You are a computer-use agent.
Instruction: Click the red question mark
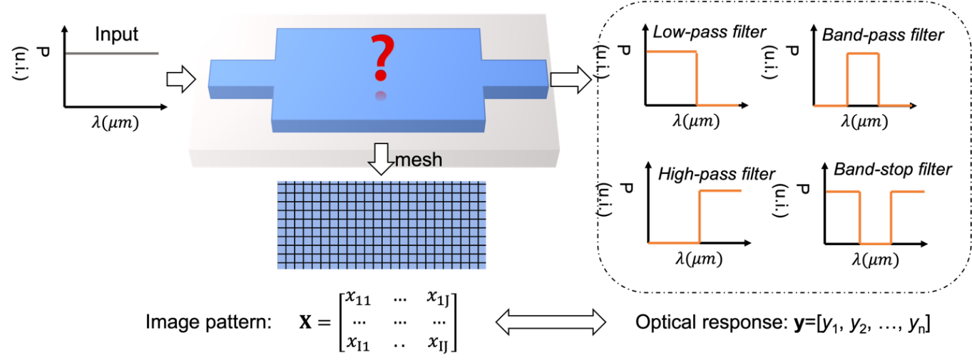click(x=382, y=57)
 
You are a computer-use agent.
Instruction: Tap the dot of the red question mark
click(x=382, y=76)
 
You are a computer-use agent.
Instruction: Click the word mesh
click(x=419, y=160)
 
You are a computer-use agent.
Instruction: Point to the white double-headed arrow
click(x=551, y=322)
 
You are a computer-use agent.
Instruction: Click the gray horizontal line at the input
click(x=113, y=53)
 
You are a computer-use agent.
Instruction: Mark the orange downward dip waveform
click(x=876, y=217)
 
